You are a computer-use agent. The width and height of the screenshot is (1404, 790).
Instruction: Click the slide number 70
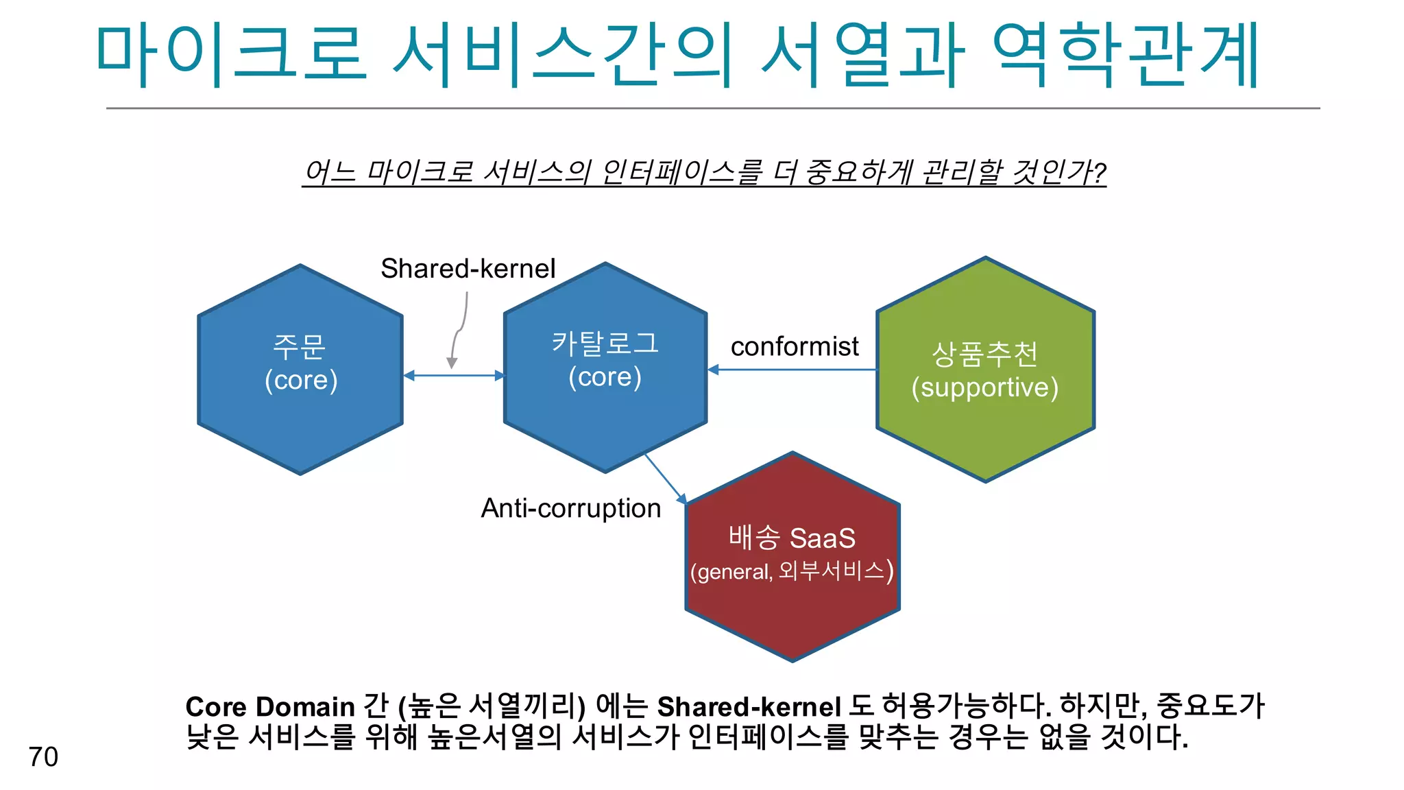click(x=43, y=756)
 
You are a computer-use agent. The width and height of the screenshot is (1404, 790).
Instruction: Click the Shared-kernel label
click(x=468, y=268)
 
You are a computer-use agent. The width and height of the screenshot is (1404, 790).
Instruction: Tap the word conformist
click(x=794, y=346)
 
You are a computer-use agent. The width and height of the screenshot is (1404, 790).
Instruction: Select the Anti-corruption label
click(x=570, y=508)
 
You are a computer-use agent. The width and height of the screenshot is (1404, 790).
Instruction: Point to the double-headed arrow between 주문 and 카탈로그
click(x=454, y=375)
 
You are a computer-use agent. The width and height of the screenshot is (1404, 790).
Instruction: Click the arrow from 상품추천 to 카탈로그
click(x=792, y=370)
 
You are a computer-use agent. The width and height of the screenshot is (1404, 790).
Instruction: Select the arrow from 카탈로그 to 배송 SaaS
click(x=664, y=478)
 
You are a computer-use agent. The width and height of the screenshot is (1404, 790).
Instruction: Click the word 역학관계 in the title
click(x=1124, y=55)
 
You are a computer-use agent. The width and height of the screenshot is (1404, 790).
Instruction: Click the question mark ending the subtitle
click(x=1099, y=171)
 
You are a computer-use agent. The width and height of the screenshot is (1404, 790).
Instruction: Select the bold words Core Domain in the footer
click(x=269, y=707)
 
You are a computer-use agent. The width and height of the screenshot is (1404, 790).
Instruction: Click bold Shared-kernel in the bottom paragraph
click(x=749, y=707)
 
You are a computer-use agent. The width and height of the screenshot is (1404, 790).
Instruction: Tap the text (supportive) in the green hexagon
click(x=984, y=387)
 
